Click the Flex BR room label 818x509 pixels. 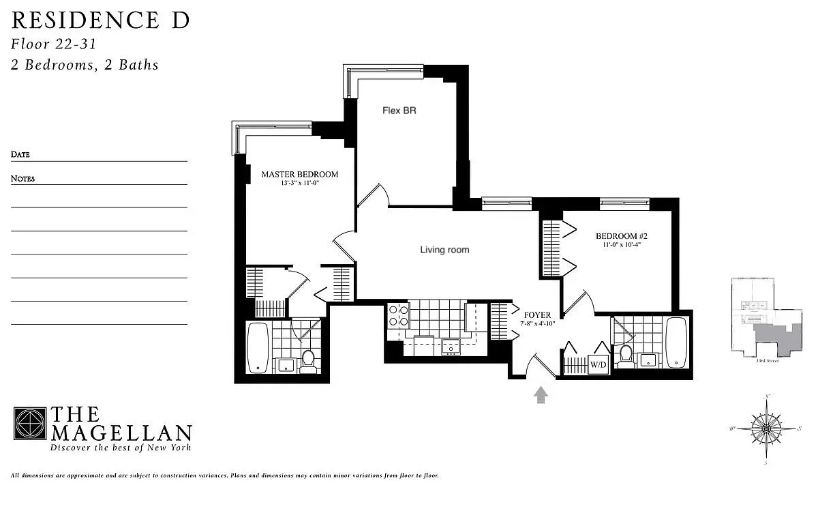(x=399, y=110)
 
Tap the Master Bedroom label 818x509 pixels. (x=299, y=174)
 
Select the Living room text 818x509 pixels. (x=444, y=250)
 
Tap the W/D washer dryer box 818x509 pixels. (x=598, y=365)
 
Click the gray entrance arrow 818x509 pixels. (x=541, y=394)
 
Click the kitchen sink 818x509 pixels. (x=451, y=347)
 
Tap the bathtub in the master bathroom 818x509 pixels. (x=257, y=348)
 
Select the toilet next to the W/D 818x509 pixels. (x=625, y=355)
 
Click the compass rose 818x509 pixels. (x=768, y=429)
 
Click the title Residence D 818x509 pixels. (x=100, y=20)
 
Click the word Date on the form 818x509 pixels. (x=20, y=155)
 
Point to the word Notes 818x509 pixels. (x=22, y=179)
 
